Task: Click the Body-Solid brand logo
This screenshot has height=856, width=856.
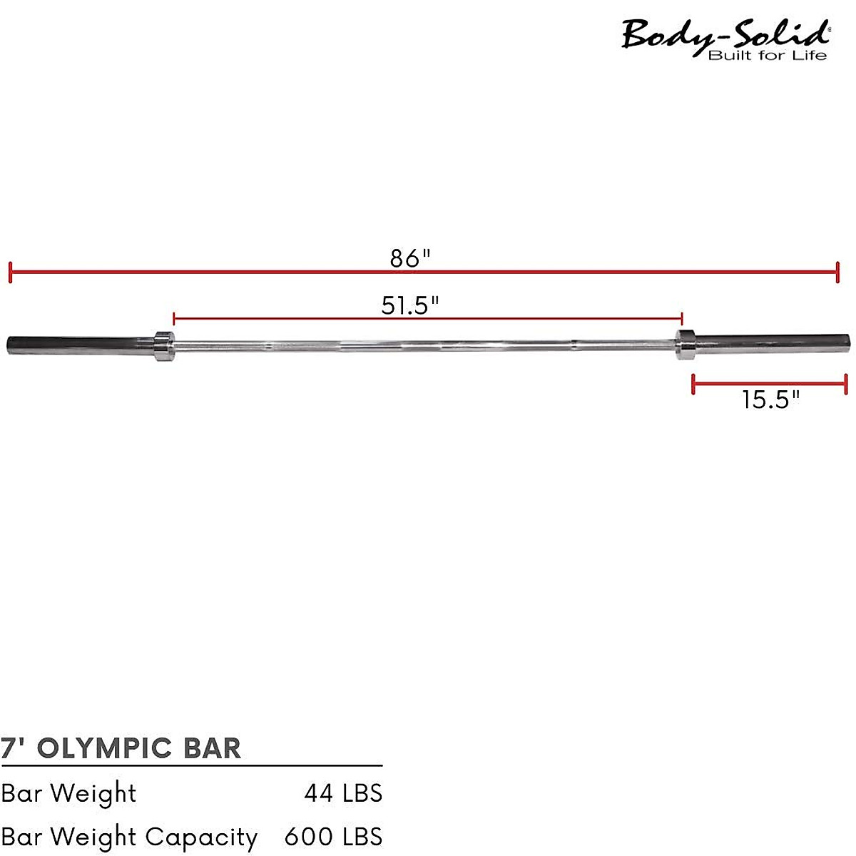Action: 725,34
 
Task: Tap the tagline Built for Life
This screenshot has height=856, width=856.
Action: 768,56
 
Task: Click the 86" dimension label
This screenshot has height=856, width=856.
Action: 410,258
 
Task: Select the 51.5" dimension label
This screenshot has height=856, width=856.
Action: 409,305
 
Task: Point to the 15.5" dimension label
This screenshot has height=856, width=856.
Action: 770,399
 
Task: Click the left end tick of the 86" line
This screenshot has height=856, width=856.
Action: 10,272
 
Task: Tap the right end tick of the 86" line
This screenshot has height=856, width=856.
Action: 837,272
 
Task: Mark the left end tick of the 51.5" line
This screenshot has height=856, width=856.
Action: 174,318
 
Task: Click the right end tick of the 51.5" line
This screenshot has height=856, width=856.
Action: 682,318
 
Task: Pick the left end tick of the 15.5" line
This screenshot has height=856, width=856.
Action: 693,384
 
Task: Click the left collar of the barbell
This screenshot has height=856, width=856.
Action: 163,346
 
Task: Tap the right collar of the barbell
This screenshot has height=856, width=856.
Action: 686,345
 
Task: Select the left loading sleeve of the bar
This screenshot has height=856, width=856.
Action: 78,345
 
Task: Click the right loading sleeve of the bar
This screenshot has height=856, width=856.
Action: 770,344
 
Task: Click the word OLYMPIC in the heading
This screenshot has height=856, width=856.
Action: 104,748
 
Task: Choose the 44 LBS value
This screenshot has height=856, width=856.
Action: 343,793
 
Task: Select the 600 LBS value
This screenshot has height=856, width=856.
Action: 333,837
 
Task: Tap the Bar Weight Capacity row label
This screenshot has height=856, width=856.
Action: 129,837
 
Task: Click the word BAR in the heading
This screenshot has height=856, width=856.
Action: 213,748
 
